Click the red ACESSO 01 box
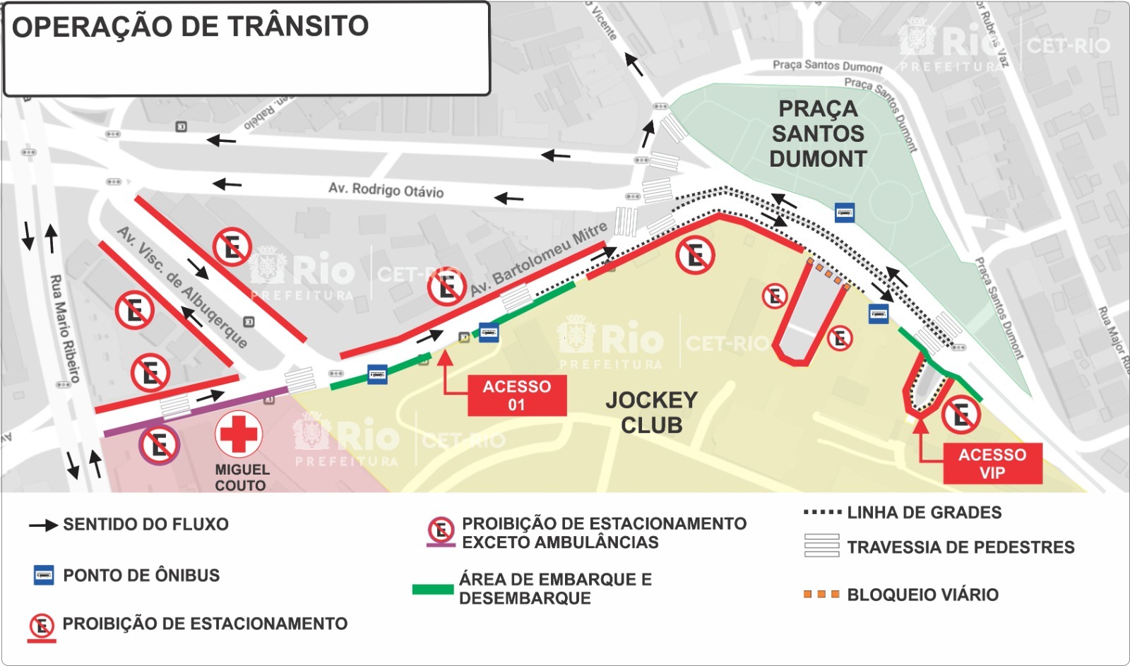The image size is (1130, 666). click(x=516, y=396)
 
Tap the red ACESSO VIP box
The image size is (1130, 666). click(x=992, y=463)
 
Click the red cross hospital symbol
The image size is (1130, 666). click(x=239, y=434)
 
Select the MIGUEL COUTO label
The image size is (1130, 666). click(x=242, y=477)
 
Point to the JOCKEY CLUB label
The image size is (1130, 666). click(x=651, y=412)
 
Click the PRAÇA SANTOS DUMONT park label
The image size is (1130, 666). click(x=818, y=133)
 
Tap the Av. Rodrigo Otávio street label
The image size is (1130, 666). click(x=386, y=190)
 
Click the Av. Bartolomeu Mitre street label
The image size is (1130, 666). click(x=538, y=259)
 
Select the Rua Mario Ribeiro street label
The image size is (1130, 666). click(x=65, y=328)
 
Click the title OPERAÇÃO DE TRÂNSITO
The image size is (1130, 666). click(x=191, y=27)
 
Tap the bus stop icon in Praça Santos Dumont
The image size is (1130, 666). click(x=844, y=212)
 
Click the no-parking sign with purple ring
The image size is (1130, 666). click(x=160, y=445)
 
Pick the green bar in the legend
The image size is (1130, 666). click(x=432, y=589)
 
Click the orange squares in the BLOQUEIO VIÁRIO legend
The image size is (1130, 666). click(x=821, y=595)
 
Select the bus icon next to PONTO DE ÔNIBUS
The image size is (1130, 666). click(x=44, y=575)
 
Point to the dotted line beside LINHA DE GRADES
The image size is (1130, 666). click(x=822, y=512)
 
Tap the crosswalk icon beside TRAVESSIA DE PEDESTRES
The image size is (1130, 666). click(x=821, y=546)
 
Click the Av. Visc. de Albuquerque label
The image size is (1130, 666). click(x=182, y=287)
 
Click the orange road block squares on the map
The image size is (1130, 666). click(x=828, y=275)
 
